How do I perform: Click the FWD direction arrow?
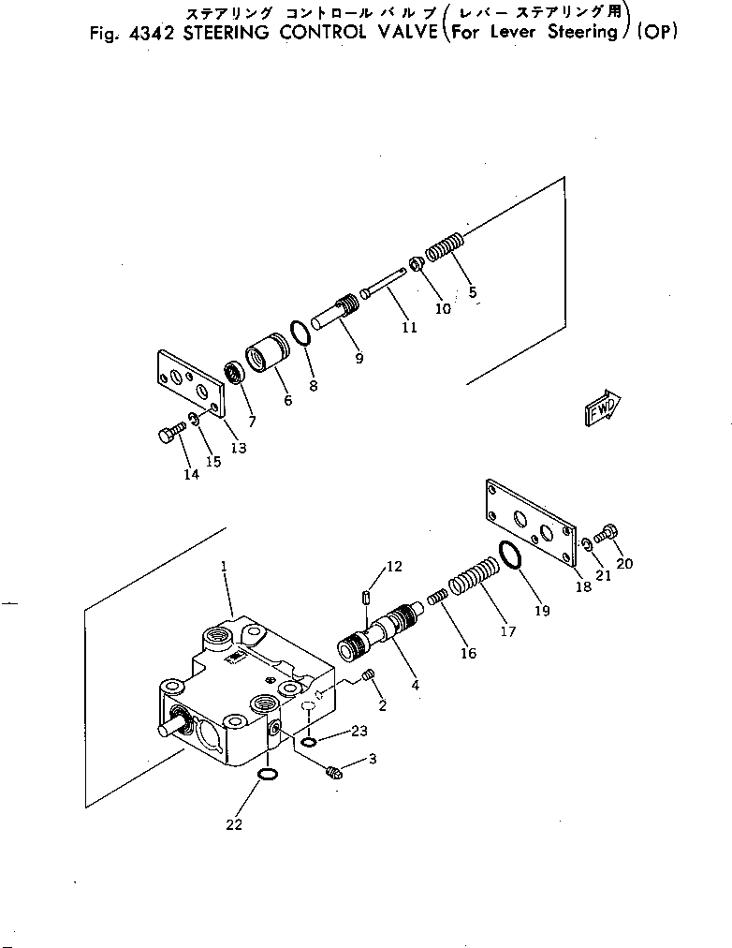(x=603, y=407)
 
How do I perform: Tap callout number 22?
(x=234, y=824)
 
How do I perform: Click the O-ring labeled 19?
(x=510, y=555)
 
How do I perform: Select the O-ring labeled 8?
(x=300, y=333)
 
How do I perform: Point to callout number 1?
(x=224, y=567)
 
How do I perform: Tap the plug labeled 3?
(x=333, y=772)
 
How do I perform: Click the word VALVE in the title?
(x=407, y=32)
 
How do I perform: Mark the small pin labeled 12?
(x=366, y=599)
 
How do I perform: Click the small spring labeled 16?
(x=437, y=599)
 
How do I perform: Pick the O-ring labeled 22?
(x=268, y=774)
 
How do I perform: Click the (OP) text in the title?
(x=658, y=32)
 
